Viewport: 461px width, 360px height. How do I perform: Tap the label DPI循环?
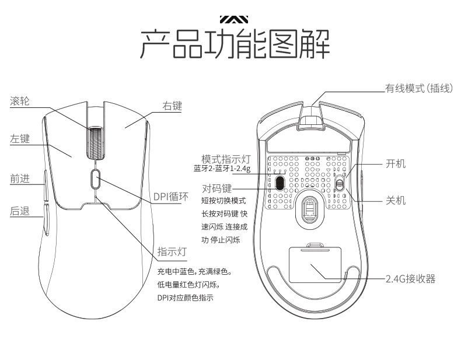click(x=171, y=197)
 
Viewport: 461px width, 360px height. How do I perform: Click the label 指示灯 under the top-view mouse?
click(x=172, y=252)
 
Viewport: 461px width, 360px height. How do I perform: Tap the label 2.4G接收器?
click(x=410, y=279)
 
